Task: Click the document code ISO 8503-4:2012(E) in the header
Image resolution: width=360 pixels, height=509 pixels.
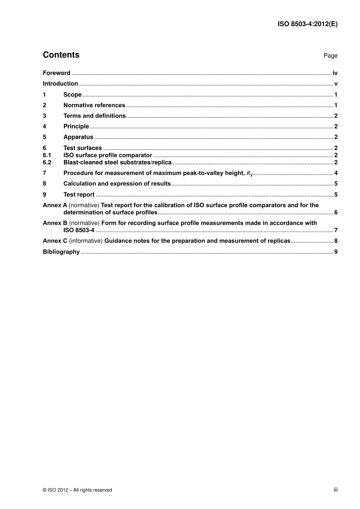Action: click(x=307, y=24)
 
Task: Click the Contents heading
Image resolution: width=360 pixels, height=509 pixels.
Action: click(x=61, y=55)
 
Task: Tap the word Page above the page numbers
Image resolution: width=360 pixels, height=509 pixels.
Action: click(x=330, y=56)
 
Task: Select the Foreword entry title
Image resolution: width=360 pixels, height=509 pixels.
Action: click(x=56, y=73)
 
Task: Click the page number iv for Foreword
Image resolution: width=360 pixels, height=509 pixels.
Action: click(x=335, y=73)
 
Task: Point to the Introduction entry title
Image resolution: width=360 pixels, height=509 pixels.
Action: click(x=60, y=84)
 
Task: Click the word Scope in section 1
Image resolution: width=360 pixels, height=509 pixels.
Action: click(x=72, y=95)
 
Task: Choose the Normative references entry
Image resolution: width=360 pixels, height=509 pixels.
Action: click(x=94, y=105)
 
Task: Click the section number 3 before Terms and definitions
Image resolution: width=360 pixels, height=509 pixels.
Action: click(x=44, y=116)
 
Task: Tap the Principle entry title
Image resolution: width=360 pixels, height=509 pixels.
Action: click(x=76, y=126)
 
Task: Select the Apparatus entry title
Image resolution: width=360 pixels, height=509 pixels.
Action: click(x=78, y=137)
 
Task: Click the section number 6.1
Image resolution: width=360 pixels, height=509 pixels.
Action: click(x=47, y=155)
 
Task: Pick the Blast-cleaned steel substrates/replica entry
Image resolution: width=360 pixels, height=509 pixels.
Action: click(x=117, y=162)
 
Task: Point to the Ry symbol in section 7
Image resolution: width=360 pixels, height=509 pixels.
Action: click(x=249, y=173)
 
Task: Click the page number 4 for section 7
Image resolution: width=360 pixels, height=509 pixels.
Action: click(x=336, y=173)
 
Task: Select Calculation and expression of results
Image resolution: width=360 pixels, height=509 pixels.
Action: click(x=117, y=184)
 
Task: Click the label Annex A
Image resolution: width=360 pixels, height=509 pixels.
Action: click(x=55, y=205)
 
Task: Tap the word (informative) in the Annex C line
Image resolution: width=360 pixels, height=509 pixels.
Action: click(x=86, y=241)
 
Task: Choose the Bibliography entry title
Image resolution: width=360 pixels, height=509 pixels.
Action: click(x=61, y=252)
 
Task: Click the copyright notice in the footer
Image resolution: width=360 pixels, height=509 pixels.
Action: click(x=77, y=490)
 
